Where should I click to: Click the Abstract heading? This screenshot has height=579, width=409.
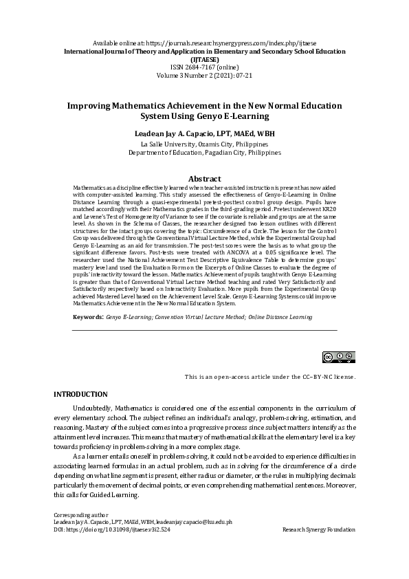pos(204,179)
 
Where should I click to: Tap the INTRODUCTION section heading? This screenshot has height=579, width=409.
pos(80,394)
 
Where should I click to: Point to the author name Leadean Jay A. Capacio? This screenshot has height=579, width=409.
pos(204,131)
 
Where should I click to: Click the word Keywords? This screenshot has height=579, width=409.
pos(87,318)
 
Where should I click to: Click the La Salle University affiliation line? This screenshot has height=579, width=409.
pos(204,144)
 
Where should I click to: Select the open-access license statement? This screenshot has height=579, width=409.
pos(269,378)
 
